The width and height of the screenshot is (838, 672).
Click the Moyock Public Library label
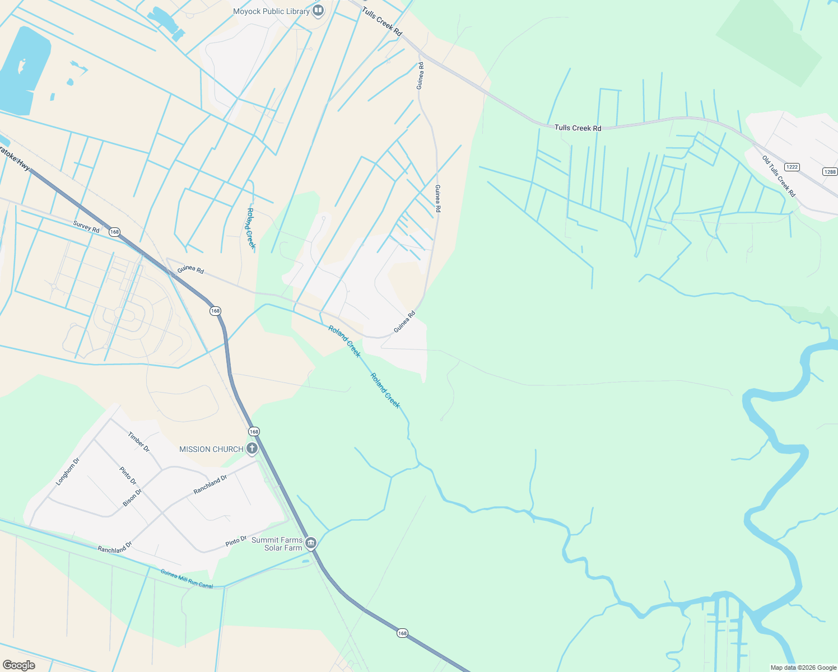click(x=271, y=11)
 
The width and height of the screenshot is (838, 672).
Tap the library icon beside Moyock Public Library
click(x=318, y=11)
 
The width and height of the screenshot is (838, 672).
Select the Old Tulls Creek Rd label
click(x=779, y=176)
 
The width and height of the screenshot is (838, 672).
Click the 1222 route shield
click(x=792, y=167)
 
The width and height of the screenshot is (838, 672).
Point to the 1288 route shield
click(x=830, y=172)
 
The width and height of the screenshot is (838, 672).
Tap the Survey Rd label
click(x=86, y=227)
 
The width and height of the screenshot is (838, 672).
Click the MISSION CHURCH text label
click(x=211, y=449)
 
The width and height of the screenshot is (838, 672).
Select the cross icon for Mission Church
click(x=252, y=448)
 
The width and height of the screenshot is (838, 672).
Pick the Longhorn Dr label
click(x=68, y=472)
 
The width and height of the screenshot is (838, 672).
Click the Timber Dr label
click(x=138, y=441)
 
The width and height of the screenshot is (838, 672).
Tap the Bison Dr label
click(x=132, y=497)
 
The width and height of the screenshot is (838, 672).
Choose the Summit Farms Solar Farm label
click(x=277, y=544)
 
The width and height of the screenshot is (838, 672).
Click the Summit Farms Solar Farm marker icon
click(x=311, y=543)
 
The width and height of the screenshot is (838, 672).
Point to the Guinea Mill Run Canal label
click(x=187, y=578)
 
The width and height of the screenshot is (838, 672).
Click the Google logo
click(x=19, y=665)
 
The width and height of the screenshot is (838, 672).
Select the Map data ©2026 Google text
click(x=803, y=668)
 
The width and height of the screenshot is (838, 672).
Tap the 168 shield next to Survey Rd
click(x=115, y=232)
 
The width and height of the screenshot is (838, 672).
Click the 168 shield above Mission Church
click(x=254, y=431)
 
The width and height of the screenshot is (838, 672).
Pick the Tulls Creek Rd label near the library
click(x=382, y=22)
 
